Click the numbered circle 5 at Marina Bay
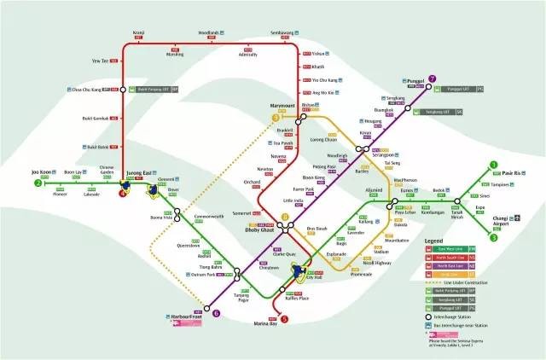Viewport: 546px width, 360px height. pos(285,319)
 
